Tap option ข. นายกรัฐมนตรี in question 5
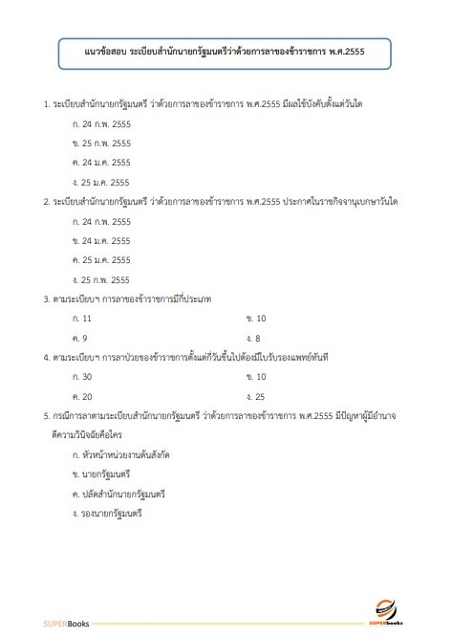[x=106, y=474]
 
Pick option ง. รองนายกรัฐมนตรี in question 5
[x=111, y=514]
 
